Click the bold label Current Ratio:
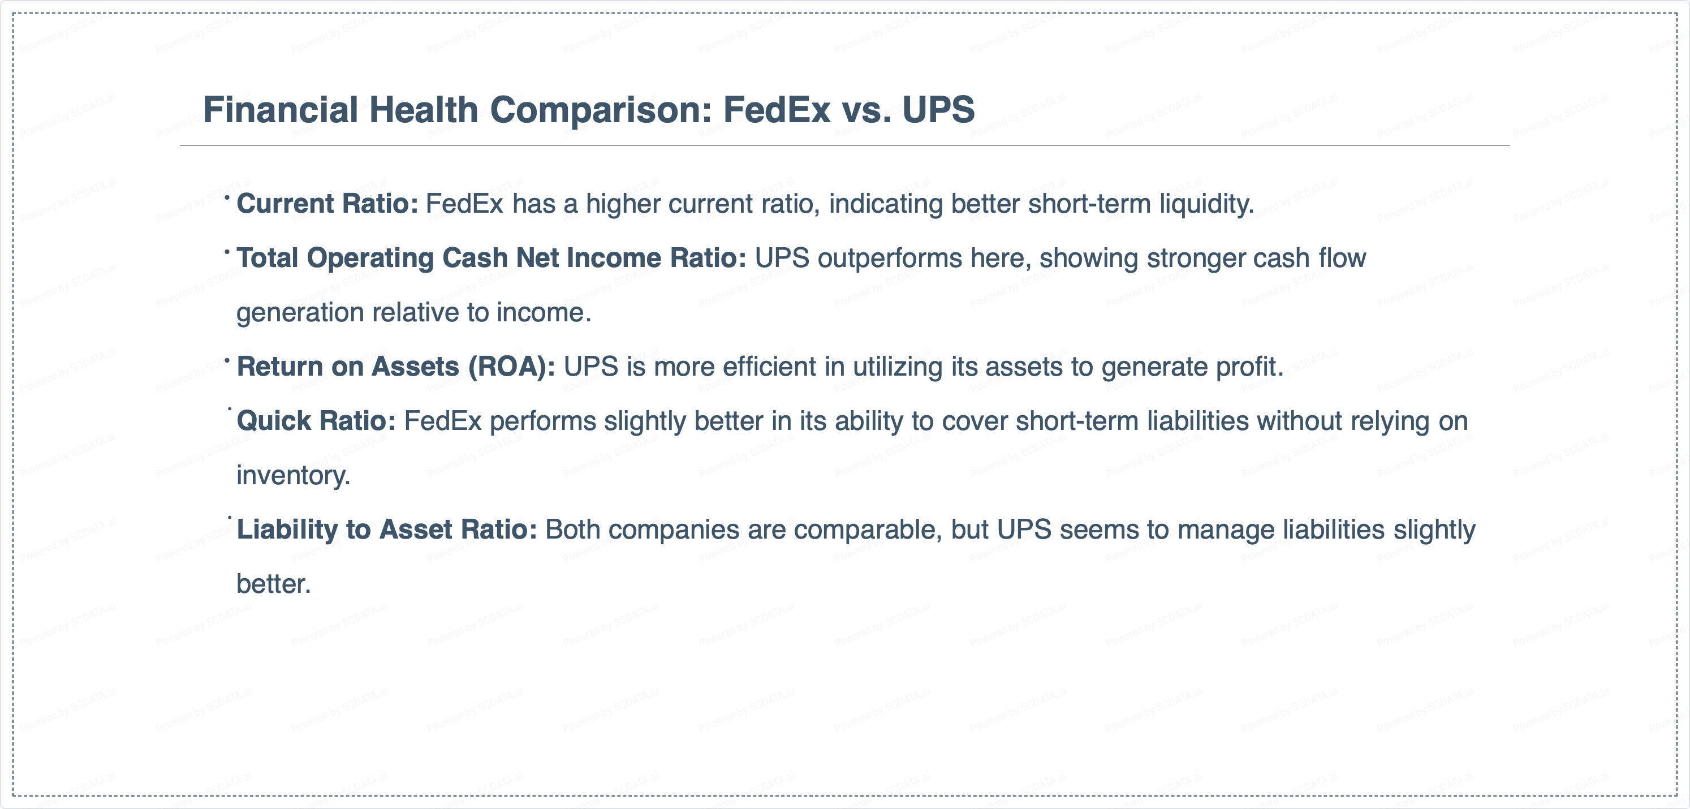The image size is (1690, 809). coord(327,204)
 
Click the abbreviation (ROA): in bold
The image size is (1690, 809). coord(512,367)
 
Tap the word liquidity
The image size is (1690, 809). coord(1206,205)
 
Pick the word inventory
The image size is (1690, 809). coord(293,476)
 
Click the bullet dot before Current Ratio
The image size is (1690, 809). coord(227,196)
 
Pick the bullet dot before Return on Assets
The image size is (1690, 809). coord(227,360)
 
